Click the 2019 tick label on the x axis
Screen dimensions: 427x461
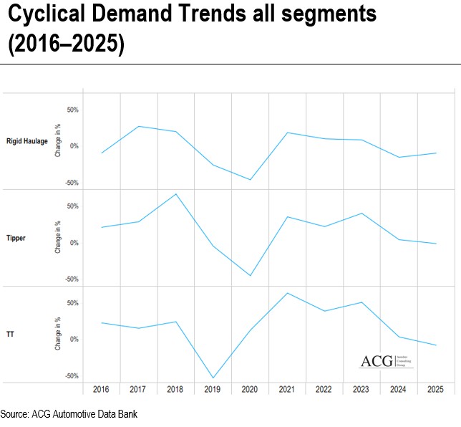(213, 389)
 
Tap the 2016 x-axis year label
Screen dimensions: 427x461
(101, 389)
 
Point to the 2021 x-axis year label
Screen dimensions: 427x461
(287, 389)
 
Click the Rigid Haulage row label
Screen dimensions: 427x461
(26, 141)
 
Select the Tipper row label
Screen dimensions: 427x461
(16, 238)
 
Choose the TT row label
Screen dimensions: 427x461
(10, 335)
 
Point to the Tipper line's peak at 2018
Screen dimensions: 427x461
(176, 193)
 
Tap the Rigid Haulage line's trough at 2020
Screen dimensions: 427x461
(251, 179)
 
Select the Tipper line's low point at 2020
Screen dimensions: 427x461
(251, 275)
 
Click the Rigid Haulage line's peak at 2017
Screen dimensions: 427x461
(139, 126)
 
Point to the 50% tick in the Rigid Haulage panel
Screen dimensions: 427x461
(72, 110)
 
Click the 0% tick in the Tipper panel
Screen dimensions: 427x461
(74, 243)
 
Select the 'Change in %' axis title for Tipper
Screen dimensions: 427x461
(57, 238)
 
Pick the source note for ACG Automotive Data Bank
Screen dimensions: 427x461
(69, 414)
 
